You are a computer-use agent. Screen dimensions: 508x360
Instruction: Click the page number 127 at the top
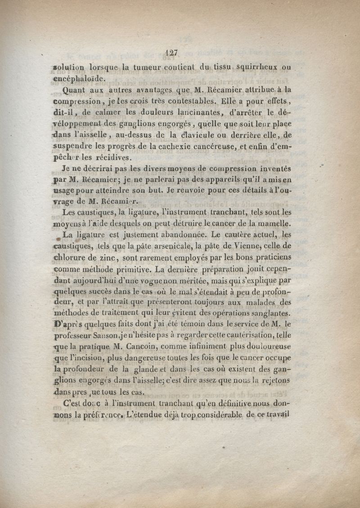click(x=172, y=52)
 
